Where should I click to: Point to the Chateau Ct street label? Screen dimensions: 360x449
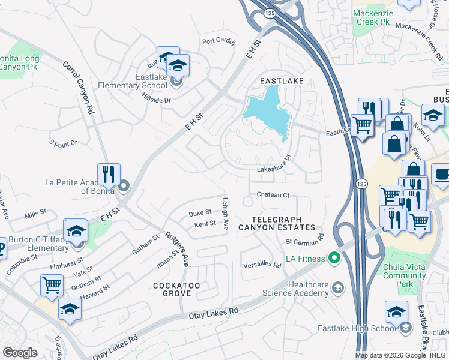pos(273,195)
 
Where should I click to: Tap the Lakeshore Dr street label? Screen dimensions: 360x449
pos(274,170)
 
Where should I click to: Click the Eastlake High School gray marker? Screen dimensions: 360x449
pos(406,328)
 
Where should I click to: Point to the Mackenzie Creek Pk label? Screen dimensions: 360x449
pos(371,17)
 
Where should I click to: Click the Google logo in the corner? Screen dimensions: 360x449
pos(20,353)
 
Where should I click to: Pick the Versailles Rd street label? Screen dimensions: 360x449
pos(262,265)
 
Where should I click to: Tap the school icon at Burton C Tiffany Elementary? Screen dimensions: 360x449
pos(76,231)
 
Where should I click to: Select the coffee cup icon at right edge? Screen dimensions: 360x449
pos(441,175)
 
